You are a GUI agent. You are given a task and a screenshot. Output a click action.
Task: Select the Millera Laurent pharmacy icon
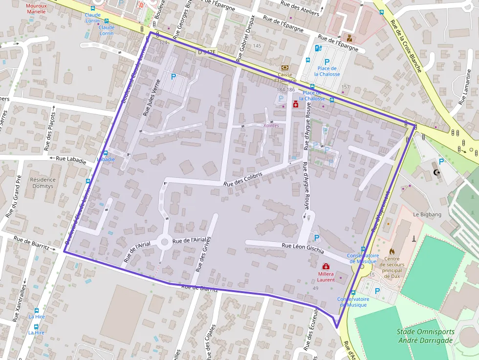point(326,266)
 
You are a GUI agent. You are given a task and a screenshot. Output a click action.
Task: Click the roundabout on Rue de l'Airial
point(164,241)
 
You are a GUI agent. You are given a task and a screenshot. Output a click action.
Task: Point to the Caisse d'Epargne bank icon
point(284,67)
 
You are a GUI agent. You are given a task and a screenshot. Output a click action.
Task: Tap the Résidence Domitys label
point(44,183)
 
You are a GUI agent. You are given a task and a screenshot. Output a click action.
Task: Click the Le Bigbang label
point(427,214)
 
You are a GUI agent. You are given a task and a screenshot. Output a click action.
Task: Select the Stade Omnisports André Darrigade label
point(425,336)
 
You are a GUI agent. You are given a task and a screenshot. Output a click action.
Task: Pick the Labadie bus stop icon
point(106,152)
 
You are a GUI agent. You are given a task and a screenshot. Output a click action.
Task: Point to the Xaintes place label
point(271,126)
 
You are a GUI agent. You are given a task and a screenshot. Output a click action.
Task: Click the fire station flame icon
point(392,252)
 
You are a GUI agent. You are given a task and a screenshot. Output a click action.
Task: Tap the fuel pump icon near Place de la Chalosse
point(318,48)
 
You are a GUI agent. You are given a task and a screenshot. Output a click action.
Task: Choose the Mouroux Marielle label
point(36,8)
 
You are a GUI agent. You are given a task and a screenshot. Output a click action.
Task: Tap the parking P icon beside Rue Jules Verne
point(173,76)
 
